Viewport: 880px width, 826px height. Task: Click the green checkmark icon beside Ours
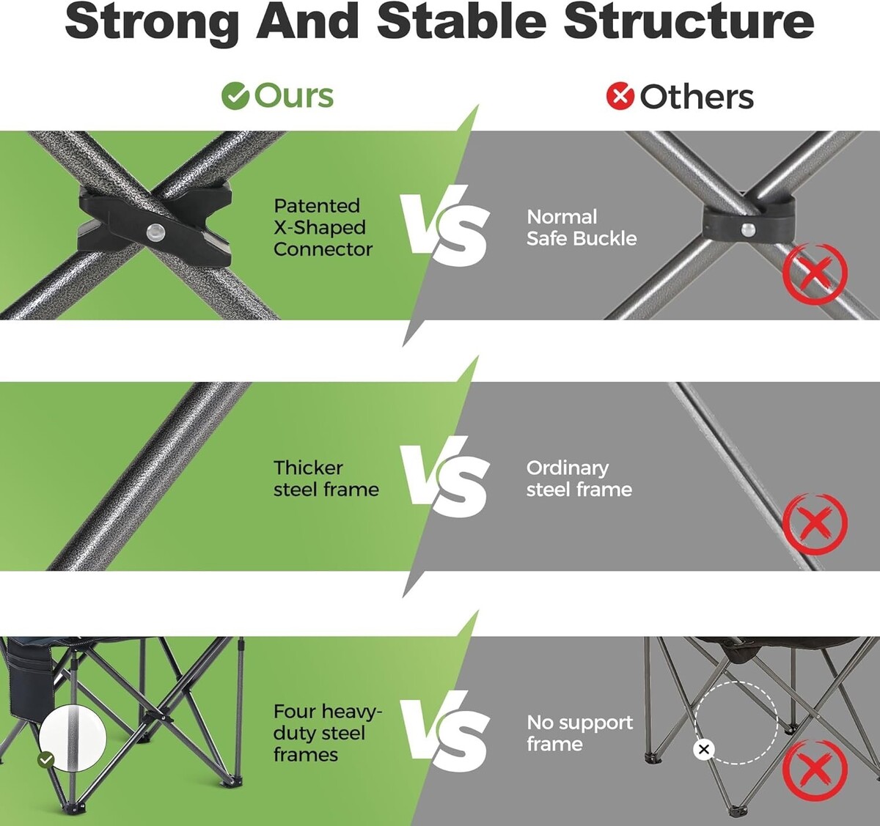click(235, 96)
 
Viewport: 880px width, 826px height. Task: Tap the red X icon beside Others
click(620, 96)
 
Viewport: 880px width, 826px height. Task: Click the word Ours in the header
click(294, 96)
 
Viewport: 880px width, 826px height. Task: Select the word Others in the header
click(697, 97)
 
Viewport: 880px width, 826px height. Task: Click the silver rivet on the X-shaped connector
click(155, 231)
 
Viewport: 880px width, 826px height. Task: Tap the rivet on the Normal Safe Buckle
click(748, 229)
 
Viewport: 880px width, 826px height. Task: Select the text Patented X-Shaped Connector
click(323, 228)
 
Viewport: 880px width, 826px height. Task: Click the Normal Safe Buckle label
click(582, 228)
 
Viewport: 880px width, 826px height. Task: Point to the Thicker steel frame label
click(326, 479)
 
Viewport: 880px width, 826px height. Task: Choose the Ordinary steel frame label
click(579, 479)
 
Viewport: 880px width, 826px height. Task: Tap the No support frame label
click(580, 733)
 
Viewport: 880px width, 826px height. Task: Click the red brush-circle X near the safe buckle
click(815, 273)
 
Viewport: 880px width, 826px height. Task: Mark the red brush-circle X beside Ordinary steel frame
click(815, 524)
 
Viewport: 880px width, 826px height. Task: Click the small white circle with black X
click(704, 749)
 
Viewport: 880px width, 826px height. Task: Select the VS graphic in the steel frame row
click(445, 477)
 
